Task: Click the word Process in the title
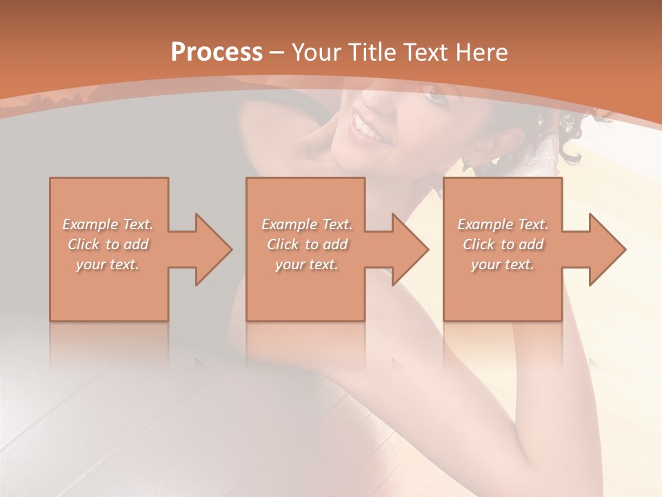[217, 52]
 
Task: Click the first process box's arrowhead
[214, 249]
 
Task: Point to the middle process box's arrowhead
[410, 249]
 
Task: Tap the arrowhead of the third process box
[607, 249]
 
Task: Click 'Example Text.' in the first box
[108, 224]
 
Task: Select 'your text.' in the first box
[108, 264]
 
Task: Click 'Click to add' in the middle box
[307, 244]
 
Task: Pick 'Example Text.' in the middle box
[307, 224]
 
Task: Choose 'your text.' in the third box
[503, 264]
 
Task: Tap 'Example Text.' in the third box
[503, 224]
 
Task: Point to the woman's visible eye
[434, 95]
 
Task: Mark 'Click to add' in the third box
[503, 244]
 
